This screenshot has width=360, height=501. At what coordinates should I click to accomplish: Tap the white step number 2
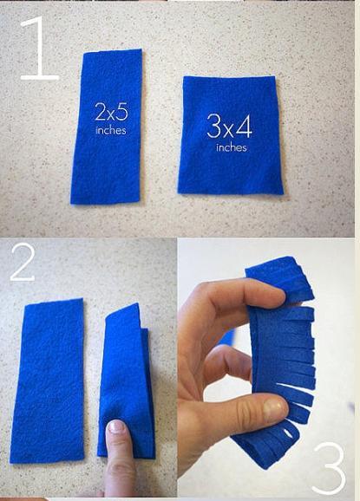coord(23,262)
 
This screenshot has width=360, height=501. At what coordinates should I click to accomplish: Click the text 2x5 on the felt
coord(112,112)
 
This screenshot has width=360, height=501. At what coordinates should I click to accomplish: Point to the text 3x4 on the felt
coord(229,127)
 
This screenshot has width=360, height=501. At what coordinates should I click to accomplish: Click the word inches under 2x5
coord(111,130)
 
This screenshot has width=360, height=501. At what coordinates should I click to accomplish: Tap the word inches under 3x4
coord(232,147)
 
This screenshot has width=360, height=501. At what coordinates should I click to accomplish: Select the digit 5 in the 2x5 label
coord(121,112)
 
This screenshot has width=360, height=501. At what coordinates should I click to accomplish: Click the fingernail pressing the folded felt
coord(116,426)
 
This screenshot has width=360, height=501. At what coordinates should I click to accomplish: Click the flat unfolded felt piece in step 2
coord(48,381)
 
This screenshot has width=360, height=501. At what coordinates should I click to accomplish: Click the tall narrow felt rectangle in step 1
coord(106,127)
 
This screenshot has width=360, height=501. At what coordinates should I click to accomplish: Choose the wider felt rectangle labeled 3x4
coord(230,135)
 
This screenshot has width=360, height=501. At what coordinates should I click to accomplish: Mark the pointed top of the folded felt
coord(137,303)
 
